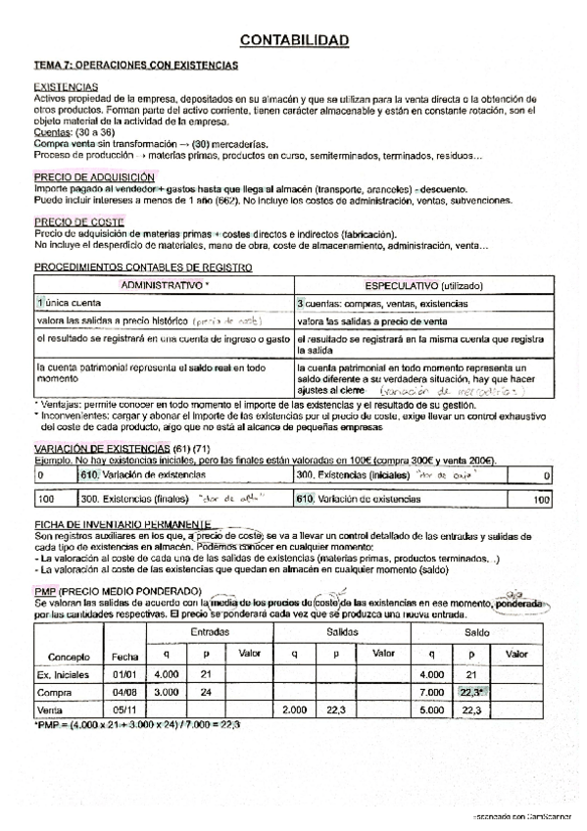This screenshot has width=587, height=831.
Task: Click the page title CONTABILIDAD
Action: coord(294,40)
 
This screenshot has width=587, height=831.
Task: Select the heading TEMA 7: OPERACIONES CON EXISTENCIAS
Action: coord(136,65)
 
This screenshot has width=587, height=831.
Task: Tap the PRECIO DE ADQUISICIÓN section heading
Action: coord(87,177)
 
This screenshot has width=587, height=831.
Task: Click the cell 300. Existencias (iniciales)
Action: coord(353,474)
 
